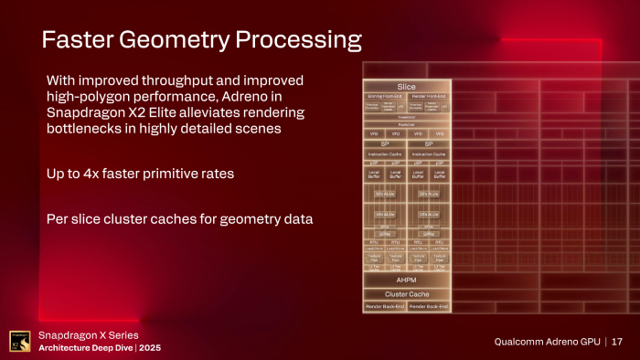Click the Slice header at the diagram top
coord(406,86)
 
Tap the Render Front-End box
coord(428,95)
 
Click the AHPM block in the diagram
coord(406,280)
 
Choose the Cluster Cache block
coord(406,294)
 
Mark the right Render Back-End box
coord(428,307)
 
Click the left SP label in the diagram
coord(385,143)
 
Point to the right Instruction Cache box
coord(428,154)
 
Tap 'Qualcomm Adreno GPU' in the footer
coord(546,342)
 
